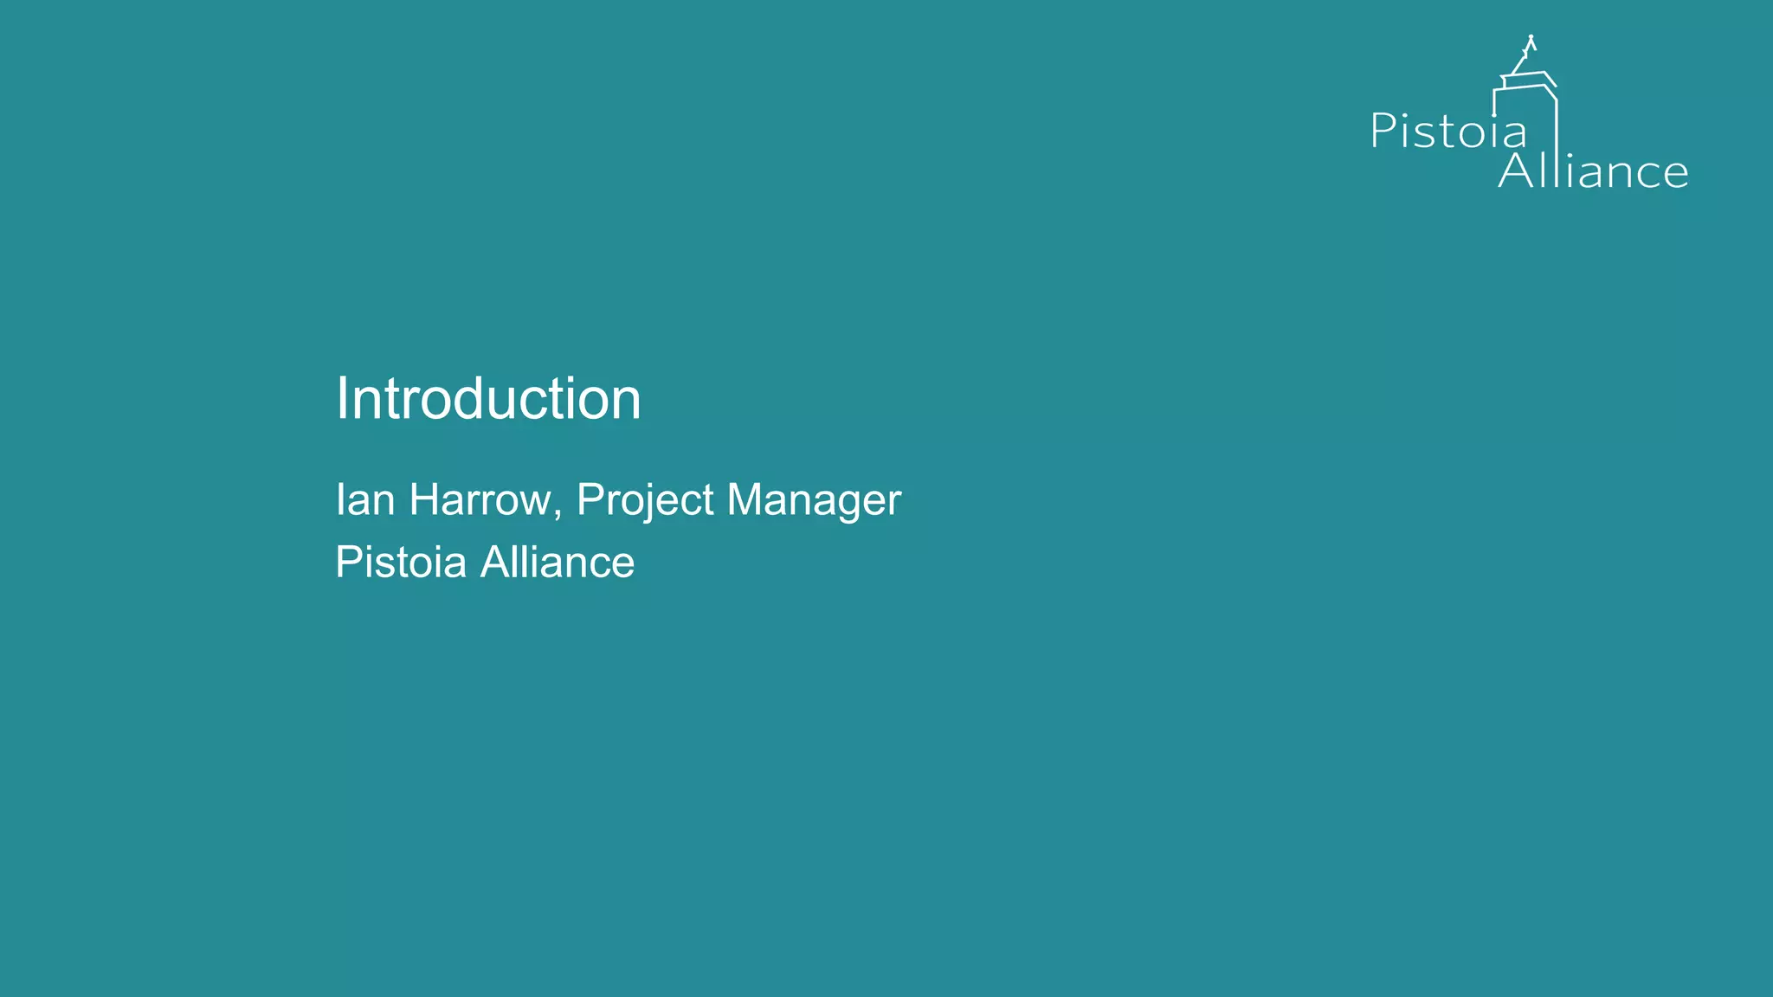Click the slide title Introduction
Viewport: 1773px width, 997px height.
coord(488,399)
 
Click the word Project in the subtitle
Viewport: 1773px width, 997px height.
coord(645,500)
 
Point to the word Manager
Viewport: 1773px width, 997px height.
coord(814,500)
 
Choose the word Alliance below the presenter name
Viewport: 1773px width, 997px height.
coord(558,563)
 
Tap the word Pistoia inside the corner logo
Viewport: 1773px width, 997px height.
coord(1448,132)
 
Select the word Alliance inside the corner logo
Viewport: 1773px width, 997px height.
coord(1593,171)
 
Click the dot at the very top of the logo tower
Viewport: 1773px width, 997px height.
coord(1531,37)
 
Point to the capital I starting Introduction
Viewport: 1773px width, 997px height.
coord(340,399)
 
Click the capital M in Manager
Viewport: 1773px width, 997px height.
coord(744,499)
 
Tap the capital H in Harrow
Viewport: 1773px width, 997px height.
coord(423,499)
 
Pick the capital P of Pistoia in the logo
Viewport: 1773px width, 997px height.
coord(1383,131)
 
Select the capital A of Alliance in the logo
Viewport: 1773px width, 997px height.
coord(1516,170)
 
